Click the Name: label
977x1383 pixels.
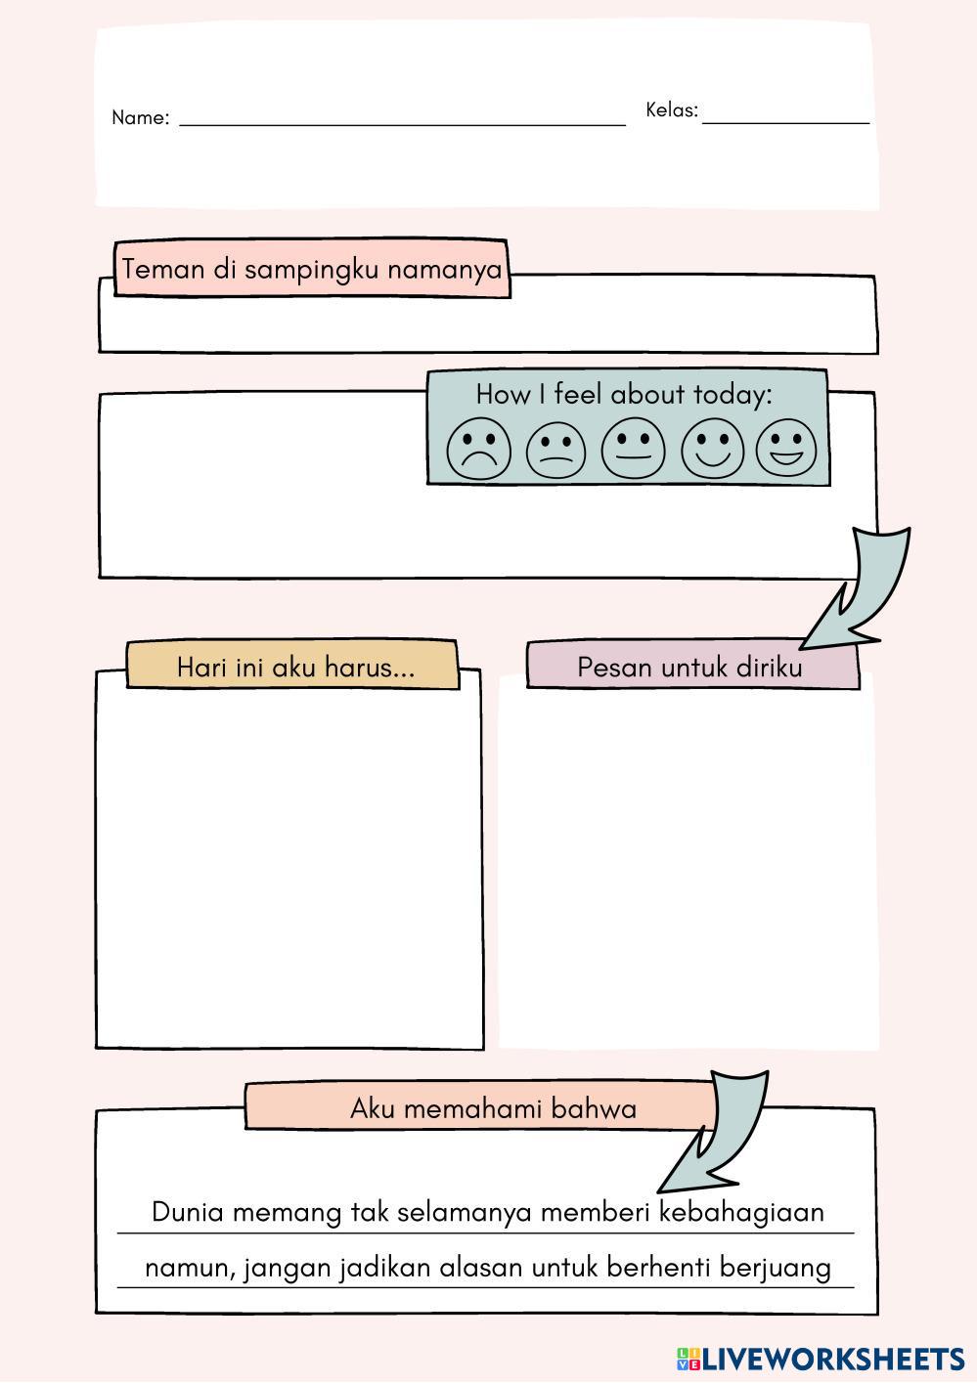pos(140,118)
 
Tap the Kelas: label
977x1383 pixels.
pos(671,110)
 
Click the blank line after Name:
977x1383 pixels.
pos(402,123)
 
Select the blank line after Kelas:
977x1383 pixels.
pos(785,121)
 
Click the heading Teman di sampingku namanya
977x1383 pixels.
pos(312,269)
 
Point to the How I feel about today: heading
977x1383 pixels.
pos(624,394)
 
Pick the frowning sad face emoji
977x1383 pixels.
pos(478,450)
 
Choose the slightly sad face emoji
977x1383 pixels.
pos(555,451)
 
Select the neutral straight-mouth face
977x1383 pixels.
pos(633,449)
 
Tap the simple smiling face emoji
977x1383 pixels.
pos(713,449)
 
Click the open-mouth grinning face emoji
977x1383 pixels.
pos(785,448)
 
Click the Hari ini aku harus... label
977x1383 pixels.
pos(295,668)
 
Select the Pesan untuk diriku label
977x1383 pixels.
pos(689,668)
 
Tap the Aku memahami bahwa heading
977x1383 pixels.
pos(493,1108)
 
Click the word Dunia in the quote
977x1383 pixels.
pos(188,1212)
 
